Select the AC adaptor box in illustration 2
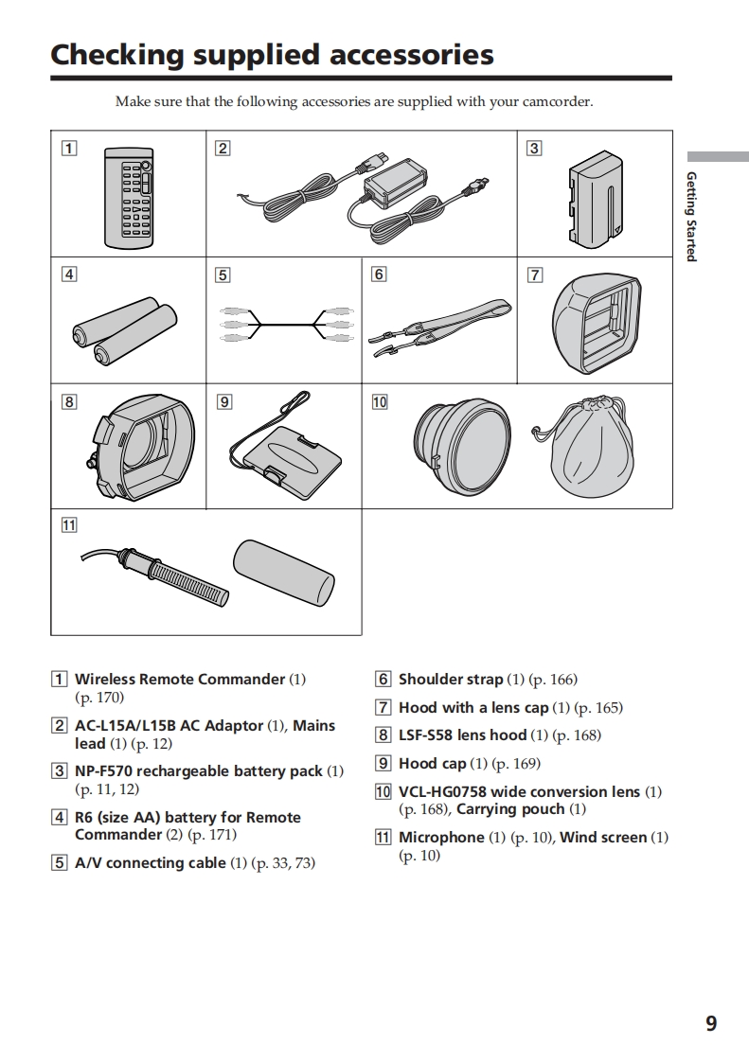401,177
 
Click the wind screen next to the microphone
284,572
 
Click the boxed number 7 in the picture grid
535,274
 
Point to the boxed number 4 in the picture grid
69,274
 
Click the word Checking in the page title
117,55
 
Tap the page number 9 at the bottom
711,1023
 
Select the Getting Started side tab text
691,216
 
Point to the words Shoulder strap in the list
450,680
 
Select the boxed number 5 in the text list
60,863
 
